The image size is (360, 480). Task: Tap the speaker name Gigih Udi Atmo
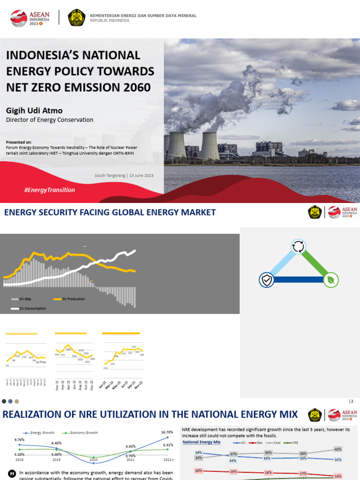click(x=34, y=111)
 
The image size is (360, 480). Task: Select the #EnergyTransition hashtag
click(x=49, y=190)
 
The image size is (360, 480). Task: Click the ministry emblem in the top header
click(x=76, y=18)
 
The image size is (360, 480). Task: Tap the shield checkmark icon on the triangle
click(x=266, y=280)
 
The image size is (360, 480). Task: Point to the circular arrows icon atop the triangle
click(x=298, y=247)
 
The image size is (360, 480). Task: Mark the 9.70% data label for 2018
click(x=19, y=440)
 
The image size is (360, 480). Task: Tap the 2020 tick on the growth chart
click(x=94, y=460)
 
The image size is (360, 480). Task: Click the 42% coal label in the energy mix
click(x=337, y=449)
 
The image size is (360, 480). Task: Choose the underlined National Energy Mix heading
click(x=201, y=442)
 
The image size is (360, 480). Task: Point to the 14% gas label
click(x=337, y=476)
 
